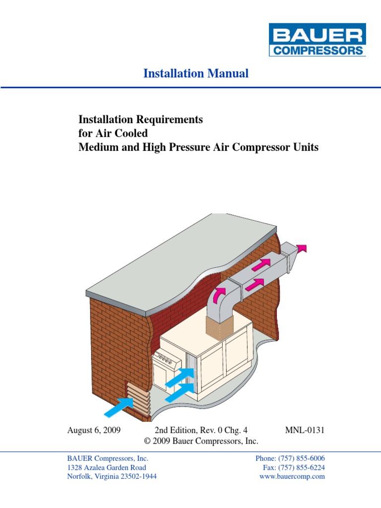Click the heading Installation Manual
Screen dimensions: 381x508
pyautogui.click(x=196, y=73)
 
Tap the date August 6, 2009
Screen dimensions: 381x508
pyautogui.click(x=94, y=430)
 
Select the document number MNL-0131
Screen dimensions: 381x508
pyautogui.click(x=305, y=430)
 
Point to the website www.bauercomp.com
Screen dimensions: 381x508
pyautogui.click(x=292, y=476)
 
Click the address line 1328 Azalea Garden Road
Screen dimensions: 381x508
pyautogui.click(x=107, y=467)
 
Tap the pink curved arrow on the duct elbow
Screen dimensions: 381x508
pyautogui.click(x=219, y=296)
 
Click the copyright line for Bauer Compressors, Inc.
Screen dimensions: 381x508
pyautogui.click(x=200, y=441)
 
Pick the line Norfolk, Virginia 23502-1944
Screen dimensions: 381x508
pyautogui.click(x=112, y=476)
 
